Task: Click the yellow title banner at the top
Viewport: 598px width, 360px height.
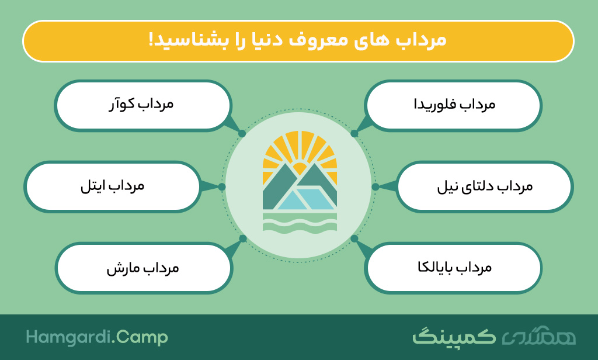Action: [x=298, y=41]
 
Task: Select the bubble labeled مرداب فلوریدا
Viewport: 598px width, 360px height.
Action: [x=453, y=105]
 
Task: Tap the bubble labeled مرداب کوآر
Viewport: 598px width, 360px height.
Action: [x=143, y=105]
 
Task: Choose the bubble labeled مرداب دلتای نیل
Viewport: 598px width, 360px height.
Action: [x=485, y=186]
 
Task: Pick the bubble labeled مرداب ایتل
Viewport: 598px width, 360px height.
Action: [x=113, y=186]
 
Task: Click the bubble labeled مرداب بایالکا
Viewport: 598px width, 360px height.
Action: [x=453, y=268]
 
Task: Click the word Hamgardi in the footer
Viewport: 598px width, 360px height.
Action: [x=69, y=338]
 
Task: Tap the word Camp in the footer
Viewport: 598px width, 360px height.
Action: [x=142, y=338]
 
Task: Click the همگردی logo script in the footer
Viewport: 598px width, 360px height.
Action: [x=538, y=335]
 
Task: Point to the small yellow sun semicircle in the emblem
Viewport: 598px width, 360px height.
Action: [x=300, y=168]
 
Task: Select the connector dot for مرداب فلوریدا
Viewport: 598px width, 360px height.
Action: [x=354, y=134]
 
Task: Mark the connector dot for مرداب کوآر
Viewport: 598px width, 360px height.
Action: [x=242, y=134]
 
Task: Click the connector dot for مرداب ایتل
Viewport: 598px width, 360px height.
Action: [x=222, y=186]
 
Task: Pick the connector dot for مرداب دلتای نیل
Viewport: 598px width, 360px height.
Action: [x=376, y=186]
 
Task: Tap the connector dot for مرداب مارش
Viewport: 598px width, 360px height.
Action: [x=243, y=238]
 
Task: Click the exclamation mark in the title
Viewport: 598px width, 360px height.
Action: [x=151, y=40]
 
